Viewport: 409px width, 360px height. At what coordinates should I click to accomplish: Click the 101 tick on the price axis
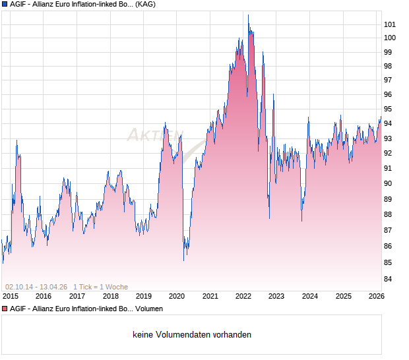[x=389, y=24]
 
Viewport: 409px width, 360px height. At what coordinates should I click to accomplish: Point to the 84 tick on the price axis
[x=389, y=279]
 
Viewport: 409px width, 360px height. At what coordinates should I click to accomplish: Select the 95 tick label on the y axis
[x=389, y=109]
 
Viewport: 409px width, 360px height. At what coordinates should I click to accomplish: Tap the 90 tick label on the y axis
[x=389, y=183]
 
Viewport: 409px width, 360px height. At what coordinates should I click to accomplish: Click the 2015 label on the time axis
[x=11, y=297]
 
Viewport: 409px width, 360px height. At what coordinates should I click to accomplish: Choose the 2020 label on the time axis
[x=177, y=297]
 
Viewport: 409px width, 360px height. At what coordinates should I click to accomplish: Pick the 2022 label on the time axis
[x=243, y=297]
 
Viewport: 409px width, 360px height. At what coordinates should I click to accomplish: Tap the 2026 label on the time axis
[x=376, y=297]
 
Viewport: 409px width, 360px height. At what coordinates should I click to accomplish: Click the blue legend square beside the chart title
[x=5, y=5]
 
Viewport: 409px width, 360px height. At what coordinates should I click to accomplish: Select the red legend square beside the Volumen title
[x=5, y=309]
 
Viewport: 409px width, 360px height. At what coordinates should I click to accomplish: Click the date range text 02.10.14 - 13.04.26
[x=36, y=287]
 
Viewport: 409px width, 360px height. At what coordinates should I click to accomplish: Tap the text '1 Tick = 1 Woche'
[x=100, y=287]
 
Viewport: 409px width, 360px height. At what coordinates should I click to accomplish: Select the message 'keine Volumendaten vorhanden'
[x=192, y=335]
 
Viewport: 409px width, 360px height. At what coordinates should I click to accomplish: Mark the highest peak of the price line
[x=249, y=15]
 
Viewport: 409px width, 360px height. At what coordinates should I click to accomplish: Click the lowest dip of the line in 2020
[x=183, y=260]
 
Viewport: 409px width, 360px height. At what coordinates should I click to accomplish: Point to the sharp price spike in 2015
[x=16, y=140]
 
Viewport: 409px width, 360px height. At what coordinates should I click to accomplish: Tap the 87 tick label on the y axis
[x=389, y=230]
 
